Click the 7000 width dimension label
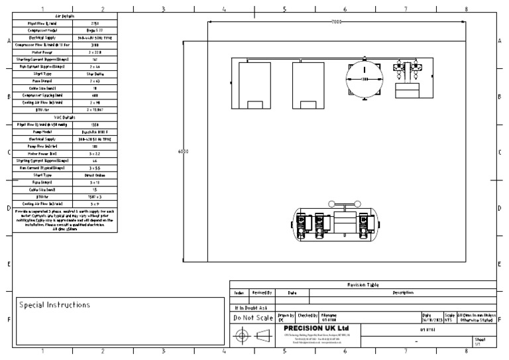point(337,23)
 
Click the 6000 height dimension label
point(183,152)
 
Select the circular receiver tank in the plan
point(364,80)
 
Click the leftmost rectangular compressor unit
point(254,86)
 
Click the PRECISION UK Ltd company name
point(315,328)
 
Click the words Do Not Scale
point(253,318)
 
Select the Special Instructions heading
point(54,305)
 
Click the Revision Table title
point(363,284)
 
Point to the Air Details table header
point(65,15)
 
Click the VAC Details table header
point(65,117)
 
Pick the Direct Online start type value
point(95,175)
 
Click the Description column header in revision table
point(402,292)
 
